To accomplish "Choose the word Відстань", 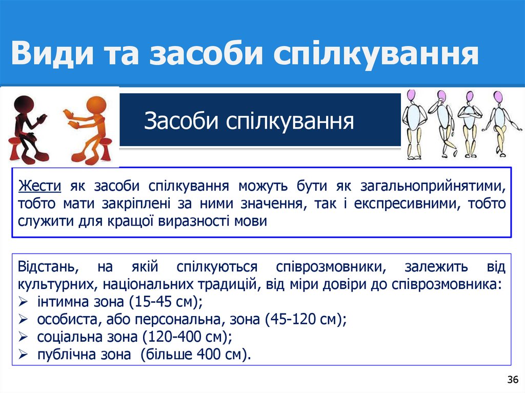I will [47, 267].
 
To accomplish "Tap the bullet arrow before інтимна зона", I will [23, 302].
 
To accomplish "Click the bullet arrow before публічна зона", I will [23, 355].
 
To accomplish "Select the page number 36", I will [512, 380].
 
